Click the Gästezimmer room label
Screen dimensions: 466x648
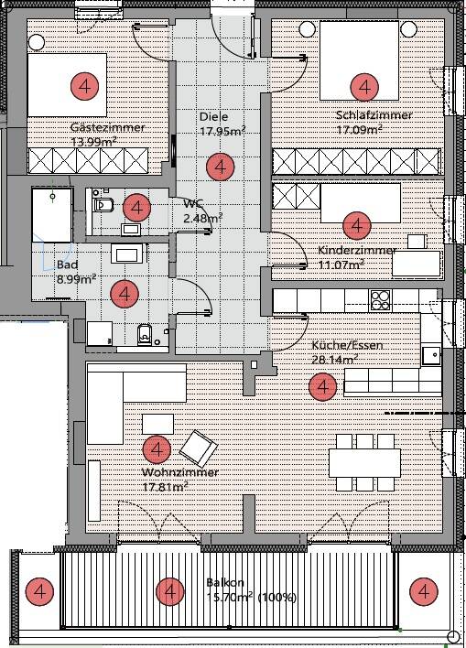pos(107,127)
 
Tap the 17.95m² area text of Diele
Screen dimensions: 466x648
pos(222,132)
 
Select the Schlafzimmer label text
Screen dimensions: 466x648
pos(374,115)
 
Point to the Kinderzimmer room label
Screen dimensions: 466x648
pos(357,250)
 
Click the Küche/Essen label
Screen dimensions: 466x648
pos(347,345)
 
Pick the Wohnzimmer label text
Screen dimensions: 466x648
pos(179,472)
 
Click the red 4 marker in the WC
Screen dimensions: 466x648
pos(136,208)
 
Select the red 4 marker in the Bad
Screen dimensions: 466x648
pos(125,294)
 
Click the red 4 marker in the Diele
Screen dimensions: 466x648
pos(221,167)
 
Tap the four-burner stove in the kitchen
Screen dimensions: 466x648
pos(381,300)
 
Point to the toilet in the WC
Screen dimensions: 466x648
pos(103,204)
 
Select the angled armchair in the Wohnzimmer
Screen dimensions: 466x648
pos(199,448)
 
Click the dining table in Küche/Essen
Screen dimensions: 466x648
pos(364,463)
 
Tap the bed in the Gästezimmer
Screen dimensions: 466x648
pos(67,85)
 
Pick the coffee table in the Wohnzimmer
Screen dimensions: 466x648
pos(158,424)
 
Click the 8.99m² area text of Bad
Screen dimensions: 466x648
pos(77,279)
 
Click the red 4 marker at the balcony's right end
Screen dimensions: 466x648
pos(424,592)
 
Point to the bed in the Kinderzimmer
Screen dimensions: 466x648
pos(361,203)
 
